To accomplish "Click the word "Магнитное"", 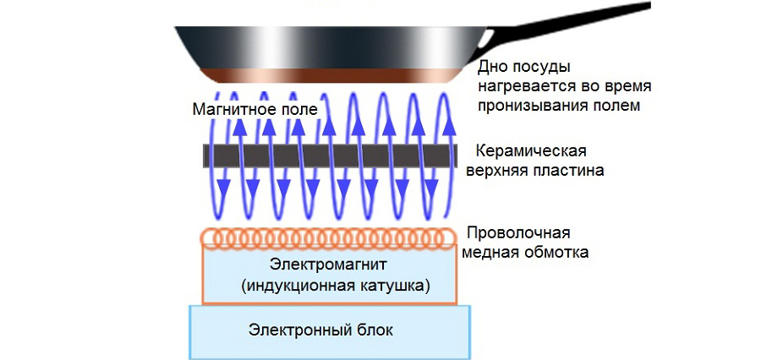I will click(229, 110).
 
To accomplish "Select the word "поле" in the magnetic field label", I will click(300, 110).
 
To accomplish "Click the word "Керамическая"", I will click(531, 152).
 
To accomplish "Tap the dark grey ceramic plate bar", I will click(330, 155).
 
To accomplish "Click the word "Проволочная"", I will click(518, 233).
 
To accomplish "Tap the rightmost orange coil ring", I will click(448, 238).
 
